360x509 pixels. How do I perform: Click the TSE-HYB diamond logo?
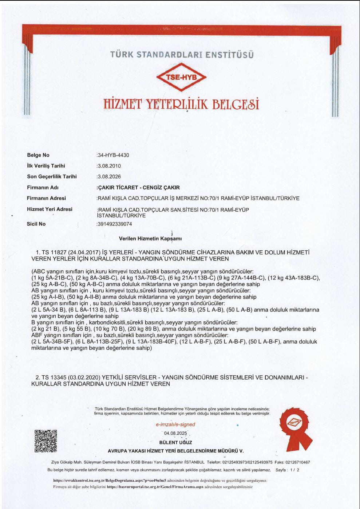(181, 77)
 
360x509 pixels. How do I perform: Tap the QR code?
(46, 441)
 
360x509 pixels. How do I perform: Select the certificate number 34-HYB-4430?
(113, 155)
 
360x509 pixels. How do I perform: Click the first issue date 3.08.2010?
(109, 166)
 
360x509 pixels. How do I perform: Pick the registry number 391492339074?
(115, 224)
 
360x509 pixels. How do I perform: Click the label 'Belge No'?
(38, 155)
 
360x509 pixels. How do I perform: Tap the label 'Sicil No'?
(36, 224)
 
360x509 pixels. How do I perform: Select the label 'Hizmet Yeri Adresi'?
(50, 209)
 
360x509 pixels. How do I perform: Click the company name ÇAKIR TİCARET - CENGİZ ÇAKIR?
(138, 188)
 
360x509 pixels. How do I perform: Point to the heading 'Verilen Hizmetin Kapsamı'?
(150, 239)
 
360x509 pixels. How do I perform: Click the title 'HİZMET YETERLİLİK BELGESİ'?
(181, 104)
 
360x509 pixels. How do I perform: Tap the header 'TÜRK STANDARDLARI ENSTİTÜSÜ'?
(182, 55)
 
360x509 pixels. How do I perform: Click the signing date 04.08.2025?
(175, 433)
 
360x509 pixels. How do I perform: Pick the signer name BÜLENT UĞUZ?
(175, 442)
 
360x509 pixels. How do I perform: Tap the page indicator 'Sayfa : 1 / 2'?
(287, 470)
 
